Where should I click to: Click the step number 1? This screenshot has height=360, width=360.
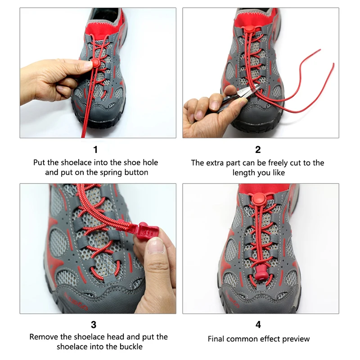point(95,150)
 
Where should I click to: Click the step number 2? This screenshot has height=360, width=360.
point(258,150)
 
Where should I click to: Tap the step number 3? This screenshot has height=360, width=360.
point(94,324)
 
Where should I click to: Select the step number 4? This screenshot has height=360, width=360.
point(258,324)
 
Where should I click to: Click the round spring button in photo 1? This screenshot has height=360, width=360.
point(95,62)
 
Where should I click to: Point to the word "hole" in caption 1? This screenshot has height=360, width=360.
point(150,162)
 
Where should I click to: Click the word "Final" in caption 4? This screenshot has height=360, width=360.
point(215,339)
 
